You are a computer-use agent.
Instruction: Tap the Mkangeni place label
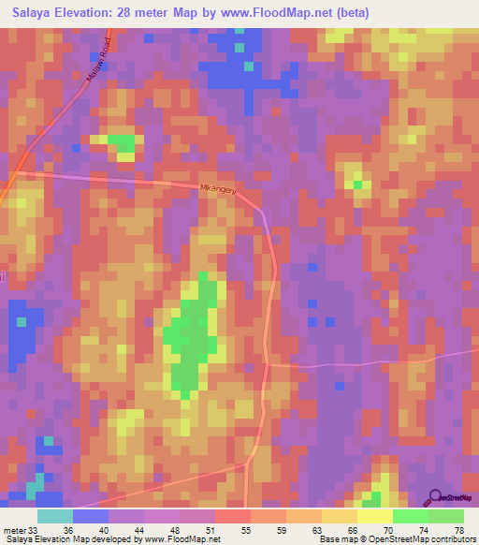pos(220,189)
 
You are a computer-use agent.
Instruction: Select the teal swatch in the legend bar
pos(55,516)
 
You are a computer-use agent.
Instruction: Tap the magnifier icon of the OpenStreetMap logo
pos(435,497)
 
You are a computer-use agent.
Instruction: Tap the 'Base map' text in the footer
pos(337,538)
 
